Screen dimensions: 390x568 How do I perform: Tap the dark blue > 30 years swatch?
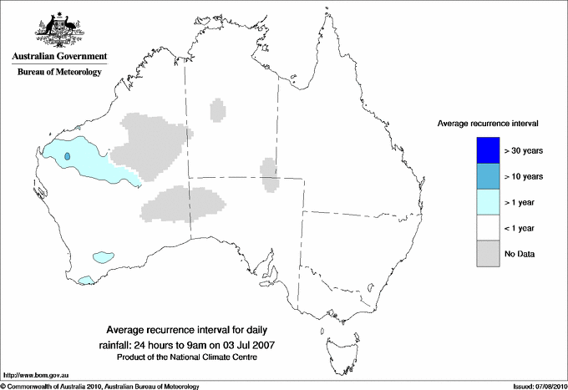[x=488, y=150]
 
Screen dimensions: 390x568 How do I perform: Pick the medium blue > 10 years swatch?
[x=488, y=176]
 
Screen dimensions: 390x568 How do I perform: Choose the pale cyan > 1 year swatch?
[x=488, y=201]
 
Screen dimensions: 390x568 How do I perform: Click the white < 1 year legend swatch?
[x=488, y=227]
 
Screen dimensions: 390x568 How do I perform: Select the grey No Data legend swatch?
[x=488, y=253]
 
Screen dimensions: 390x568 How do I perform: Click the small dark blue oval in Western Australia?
[x=68, y=155]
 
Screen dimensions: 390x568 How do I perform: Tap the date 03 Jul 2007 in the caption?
[x=251, y=344]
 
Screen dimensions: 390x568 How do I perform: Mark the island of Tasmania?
[x=341, y=342]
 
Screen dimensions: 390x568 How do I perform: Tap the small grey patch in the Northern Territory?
[x=218, y=109]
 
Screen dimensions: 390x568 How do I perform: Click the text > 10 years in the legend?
[x=525, y=176]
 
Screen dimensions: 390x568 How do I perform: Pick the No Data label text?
[x=520, y=253]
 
